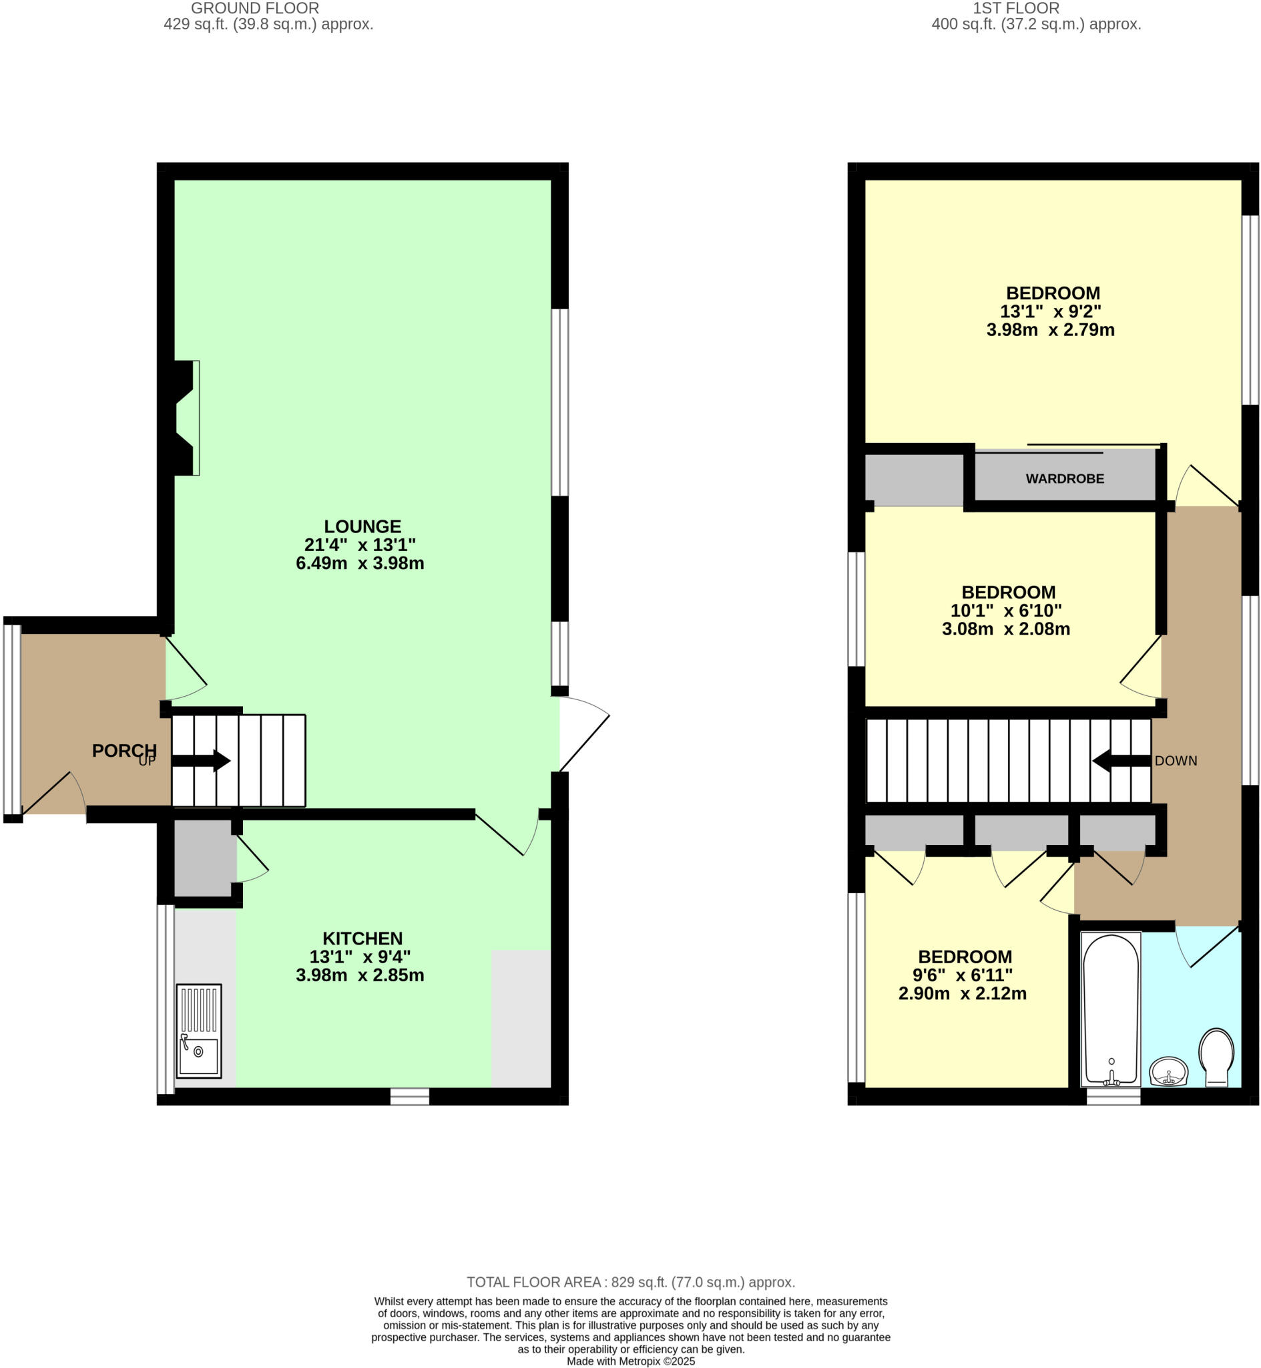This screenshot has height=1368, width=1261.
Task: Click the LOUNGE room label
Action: [362, 526]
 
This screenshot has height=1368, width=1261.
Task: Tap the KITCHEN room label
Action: [362, 938]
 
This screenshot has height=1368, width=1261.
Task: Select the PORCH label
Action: [124, 750]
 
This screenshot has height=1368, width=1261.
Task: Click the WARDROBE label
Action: [1065, 478]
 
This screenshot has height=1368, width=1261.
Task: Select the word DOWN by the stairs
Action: [1176, 760]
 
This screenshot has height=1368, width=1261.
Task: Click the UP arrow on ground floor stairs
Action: [202, 760]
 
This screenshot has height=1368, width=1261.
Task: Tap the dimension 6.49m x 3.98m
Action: [360, 563]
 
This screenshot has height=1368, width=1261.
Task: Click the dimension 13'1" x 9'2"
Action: [1050, 311]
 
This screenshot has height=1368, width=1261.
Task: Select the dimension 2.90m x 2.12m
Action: [962, 993]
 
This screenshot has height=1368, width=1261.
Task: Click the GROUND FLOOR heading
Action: [254, 8]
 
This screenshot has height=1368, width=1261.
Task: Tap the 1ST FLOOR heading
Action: [1015, 8]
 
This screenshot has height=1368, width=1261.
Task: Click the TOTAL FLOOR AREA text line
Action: [630, 1282]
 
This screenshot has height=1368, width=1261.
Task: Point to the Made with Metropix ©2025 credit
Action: [630, 1361]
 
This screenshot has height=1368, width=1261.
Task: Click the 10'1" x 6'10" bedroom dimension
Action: [1006, 611]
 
